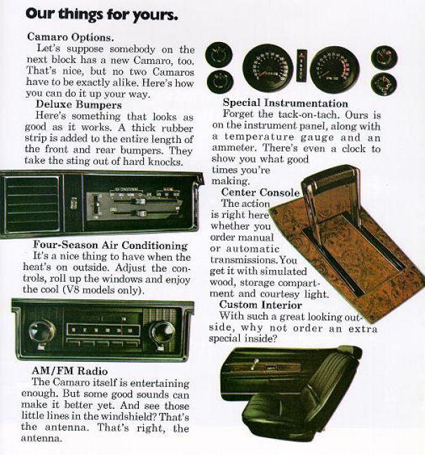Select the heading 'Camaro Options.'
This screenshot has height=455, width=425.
click(71, 37)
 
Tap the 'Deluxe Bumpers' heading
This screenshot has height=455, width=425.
click(79, 104)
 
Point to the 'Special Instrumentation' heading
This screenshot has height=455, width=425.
click(285, 103)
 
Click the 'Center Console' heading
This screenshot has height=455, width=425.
click(260, 192)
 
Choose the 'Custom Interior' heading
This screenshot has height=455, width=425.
click(260, 305)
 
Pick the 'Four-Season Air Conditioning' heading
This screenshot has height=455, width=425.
click(110, 245)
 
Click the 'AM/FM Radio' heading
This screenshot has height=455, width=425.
click(69, 371)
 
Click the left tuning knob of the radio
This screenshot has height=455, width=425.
click(42, 332)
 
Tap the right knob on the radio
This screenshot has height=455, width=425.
click(162, 332)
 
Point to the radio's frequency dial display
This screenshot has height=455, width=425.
click(103, 330)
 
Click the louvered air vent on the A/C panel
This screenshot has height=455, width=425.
click(32, 205)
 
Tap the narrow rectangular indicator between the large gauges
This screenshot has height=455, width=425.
click(302, 65)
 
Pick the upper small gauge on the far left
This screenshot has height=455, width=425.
click(219, 55)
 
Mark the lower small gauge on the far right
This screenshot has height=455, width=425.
click(384, 84)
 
